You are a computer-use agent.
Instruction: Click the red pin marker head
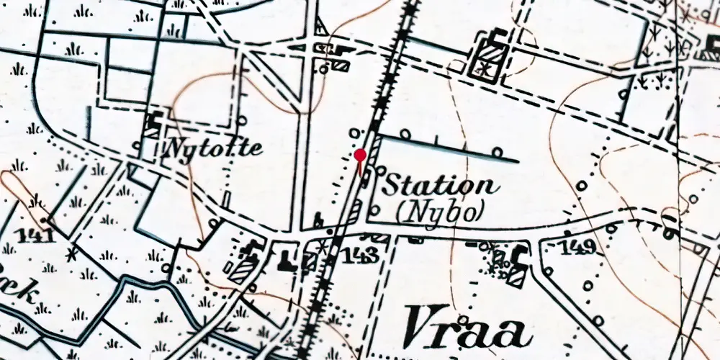(x=360, y=154)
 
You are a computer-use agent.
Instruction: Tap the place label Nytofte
(x=212, y=149)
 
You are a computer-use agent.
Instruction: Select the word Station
(x=440, y=184)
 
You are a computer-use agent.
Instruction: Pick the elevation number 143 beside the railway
(x=358, y=254)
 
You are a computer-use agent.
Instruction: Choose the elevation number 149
(x=580, y=248)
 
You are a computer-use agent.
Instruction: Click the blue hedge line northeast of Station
(x=446, y=148)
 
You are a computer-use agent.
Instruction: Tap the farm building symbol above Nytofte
(x=153, y=125)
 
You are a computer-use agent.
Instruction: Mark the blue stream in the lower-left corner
(x=130, y=288)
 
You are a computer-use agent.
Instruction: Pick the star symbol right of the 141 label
(x=71, y=253)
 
